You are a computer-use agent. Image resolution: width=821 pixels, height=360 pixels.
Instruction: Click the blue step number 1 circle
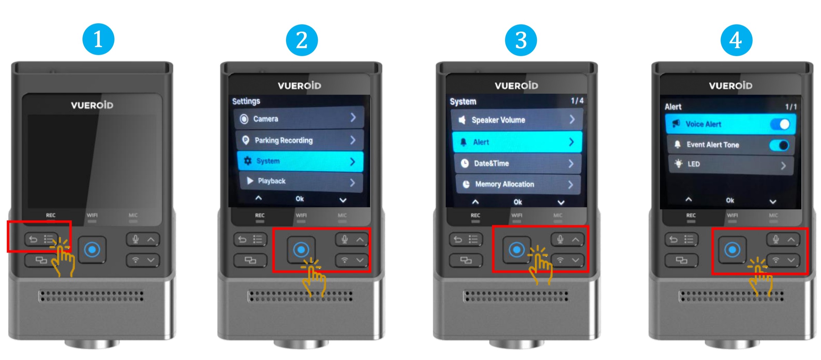pos(98,39)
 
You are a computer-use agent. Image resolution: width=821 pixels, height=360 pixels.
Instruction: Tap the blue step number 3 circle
pos(521,40)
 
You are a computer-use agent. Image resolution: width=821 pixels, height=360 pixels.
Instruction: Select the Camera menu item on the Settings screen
pos(299,118)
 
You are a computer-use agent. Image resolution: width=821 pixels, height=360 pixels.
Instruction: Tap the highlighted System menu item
pos(300,161)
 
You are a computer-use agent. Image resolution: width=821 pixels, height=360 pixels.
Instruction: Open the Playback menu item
pos(301,181)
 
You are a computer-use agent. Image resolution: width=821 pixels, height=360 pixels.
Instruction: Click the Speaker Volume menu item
pos(517,120)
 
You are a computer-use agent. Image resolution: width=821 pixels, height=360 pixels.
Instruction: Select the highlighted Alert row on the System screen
pos(517,142)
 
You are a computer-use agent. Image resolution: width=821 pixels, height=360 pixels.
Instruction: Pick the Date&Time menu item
pos(518,163)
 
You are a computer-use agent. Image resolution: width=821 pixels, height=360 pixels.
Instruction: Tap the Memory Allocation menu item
pos(518,184)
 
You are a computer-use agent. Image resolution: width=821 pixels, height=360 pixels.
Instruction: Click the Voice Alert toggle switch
pos(780,124)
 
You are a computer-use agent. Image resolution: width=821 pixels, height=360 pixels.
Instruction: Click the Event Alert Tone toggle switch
pos(779,145)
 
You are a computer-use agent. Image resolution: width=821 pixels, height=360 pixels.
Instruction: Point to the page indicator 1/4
pos(577,101)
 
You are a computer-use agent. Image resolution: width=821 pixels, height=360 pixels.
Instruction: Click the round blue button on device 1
pos(92,249)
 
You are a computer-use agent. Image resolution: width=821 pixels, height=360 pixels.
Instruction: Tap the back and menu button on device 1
pos(41,239)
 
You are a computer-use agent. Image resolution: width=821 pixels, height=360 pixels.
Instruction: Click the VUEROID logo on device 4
pos(731,86)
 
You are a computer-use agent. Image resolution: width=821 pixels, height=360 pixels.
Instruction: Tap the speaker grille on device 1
pos(91,296)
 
